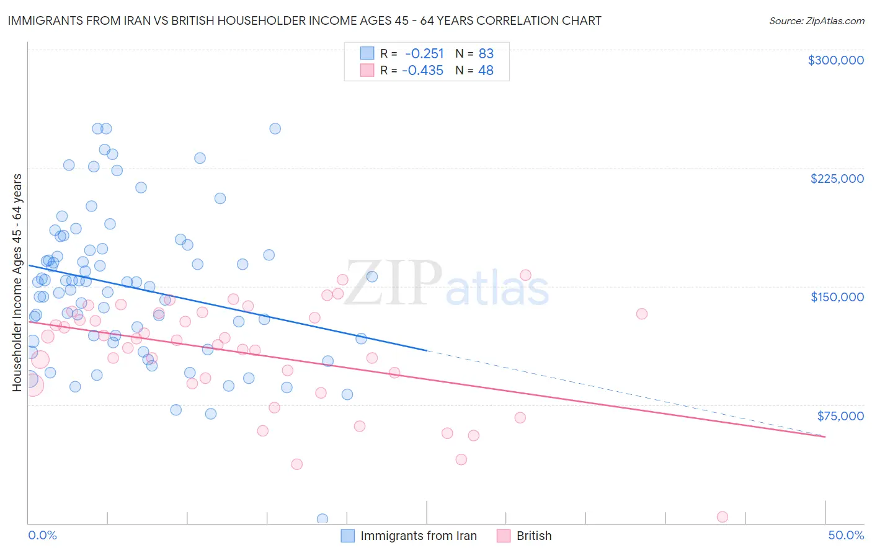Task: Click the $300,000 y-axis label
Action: (835, 60)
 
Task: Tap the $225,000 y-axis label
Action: (837, 179)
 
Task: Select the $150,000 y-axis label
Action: (837, 297)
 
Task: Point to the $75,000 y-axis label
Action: (840, 416)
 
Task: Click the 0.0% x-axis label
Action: (42, 535)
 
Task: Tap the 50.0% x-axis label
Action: (846, 535)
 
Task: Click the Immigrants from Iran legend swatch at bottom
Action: (348, 536)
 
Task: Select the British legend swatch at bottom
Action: (504, 536)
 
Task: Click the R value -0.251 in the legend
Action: (424, 53)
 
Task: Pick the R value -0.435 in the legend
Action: (422, 70)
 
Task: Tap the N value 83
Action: (486, 53)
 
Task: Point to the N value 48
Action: (486, 70)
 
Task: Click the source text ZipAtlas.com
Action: (816, 21)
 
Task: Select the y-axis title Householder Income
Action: (17, 282)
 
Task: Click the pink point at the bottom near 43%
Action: (722, 517)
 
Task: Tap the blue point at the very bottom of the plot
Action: (323, 519)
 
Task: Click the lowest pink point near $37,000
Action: (296, 464)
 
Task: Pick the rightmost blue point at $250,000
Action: (275, 129)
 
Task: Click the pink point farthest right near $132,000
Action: (642, 314)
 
